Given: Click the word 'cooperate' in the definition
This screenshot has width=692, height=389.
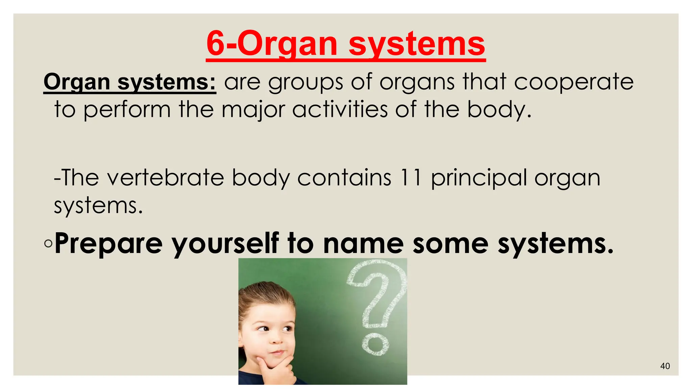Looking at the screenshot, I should [x=573, y=82].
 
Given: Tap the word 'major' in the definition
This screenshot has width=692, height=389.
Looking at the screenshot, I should [x=253, y=110].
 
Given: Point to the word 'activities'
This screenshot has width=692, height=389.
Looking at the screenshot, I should [x=340, y=109].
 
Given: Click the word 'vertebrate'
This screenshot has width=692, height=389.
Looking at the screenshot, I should [x=165, y=178].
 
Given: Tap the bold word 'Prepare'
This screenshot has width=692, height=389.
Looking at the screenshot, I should [x=108, y=244].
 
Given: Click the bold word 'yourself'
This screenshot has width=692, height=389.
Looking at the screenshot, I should [x=225, y=244].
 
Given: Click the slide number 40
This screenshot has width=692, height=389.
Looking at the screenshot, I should [x=665, y=366].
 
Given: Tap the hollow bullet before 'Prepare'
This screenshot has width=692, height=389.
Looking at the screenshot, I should [x=48, y=243].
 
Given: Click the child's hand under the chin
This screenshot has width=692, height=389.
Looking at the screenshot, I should [x=277, y=368].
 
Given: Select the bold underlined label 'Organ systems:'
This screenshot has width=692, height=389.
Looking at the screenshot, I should [x=130, y=82].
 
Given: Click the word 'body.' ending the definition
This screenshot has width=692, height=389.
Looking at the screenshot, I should [x=499, y=110].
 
